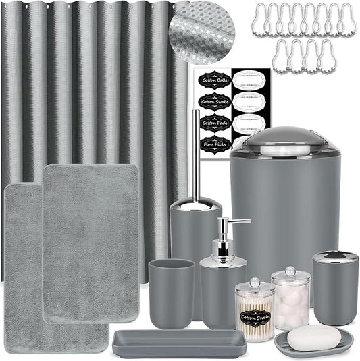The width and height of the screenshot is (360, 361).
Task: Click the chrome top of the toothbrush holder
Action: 334,256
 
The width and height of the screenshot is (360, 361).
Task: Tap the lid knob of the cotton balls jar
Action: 291,271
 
